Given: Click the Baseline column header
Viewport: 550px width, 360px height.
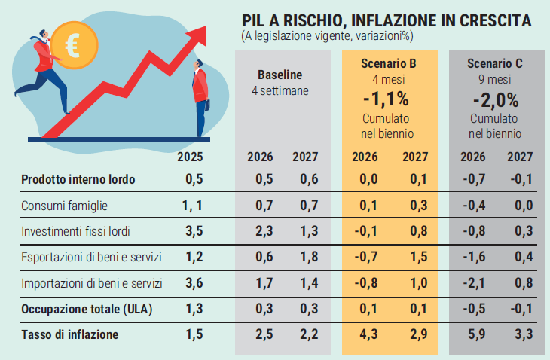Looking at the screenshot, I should click(280, 75).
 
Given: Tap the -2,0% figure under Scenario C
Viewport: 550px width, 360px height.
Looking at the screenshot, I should click(495, 99).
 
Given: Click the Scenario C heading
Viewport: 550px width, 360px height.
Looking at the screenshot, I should click(495, 63).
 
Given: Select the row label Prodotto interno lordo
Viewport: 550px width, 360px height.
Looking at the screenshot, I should click(78, 179).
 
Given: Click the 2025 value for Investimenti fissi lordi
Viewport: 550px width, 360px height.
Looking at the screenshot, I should click(194, 231).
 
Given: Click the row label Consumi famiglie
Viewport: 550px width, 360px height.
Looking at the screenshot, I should click(64, 206).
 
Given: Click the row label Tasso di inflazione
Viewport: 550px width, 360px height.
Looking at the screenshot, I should click(70, 334).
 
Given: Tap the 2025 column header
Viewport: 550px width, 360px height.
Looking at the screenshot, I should click(191, 157).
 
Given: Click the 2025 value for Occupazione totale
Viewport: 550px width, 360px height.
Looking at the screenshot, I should click(194, 309).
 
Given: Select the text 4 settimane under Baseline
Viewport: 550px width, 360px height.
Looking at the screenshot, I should click(280, 90).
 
